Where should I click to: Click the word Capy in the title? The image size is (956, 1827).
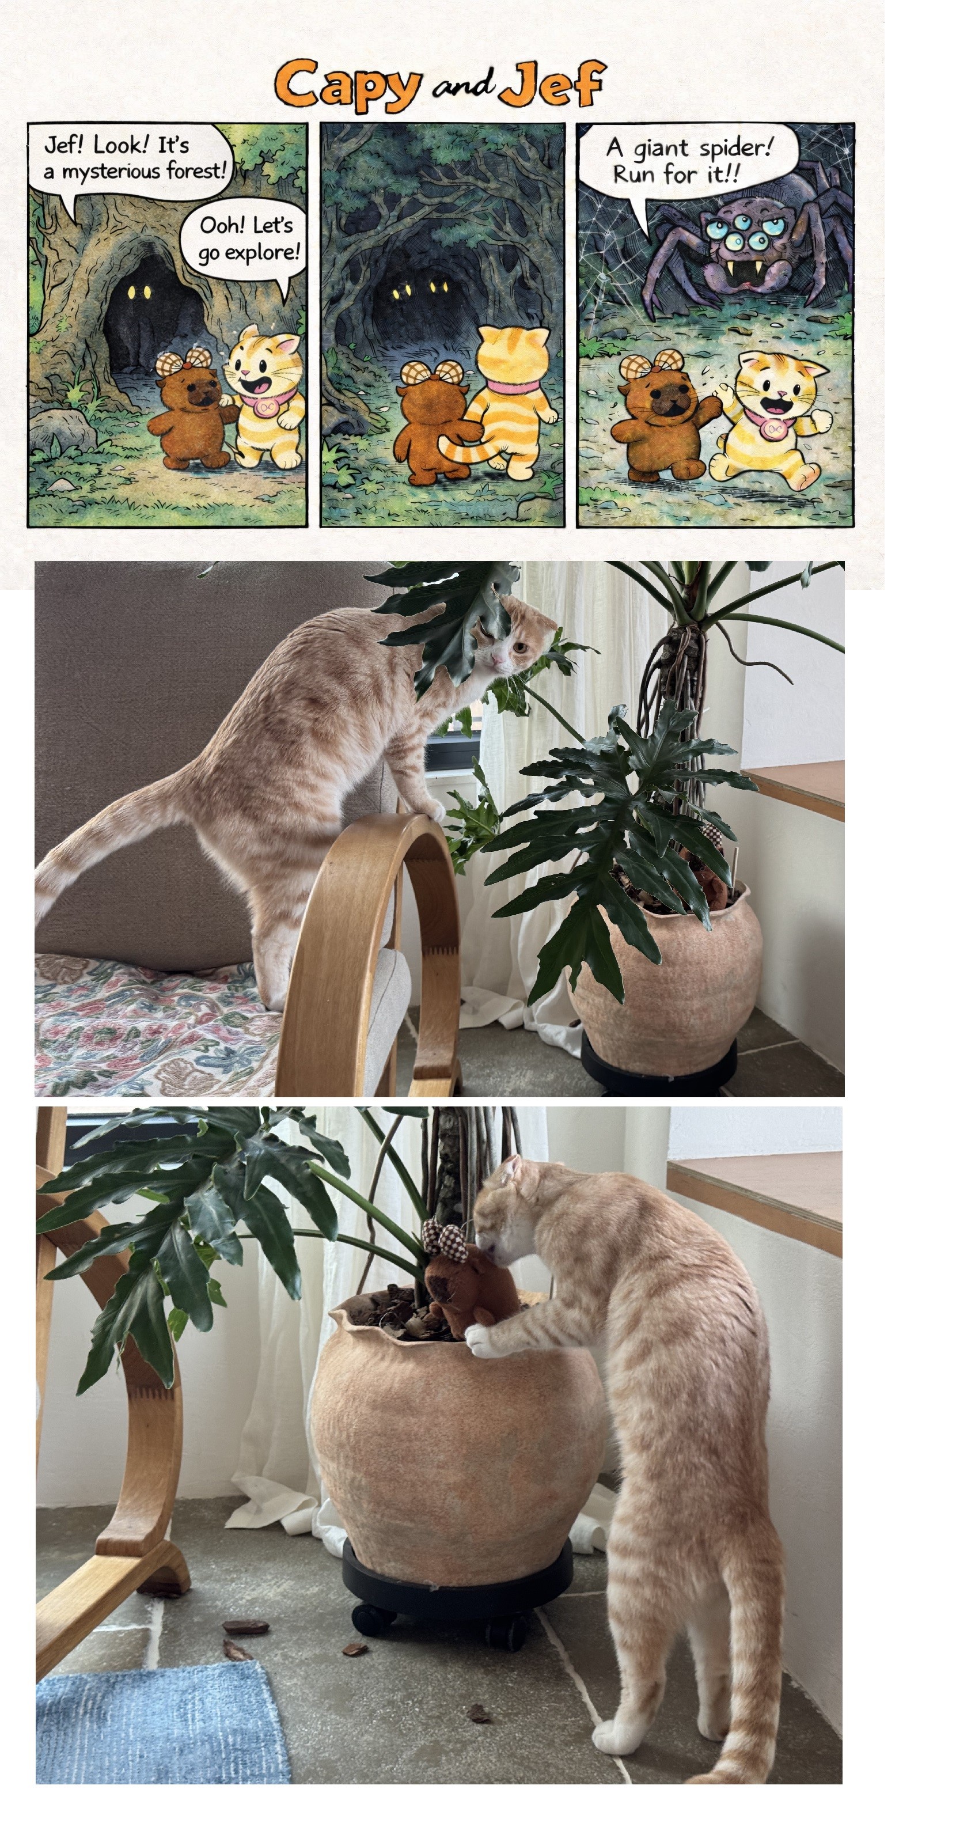(347, 86)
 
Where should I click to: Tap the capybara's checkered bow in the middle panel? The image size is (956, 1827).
(431, 373)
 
